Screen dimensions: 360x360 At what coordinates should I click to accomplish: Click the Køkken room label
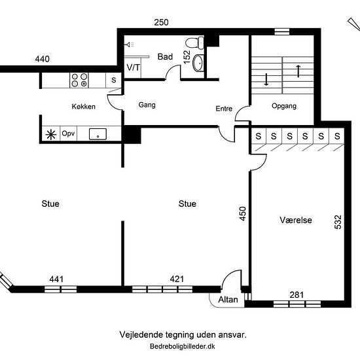pyautogui.click(x=84, y=106)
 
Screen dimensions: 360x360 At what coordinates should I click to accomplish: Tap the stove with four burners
pyautogui.click(x=79, y=80)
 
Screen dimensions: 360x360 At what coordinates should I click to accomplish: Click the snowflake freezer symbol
pyautogui.click(x=50, y=134)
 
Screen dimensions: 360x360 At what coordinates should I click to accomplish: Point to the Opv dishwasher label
pyautogui.click(x=69, y=134)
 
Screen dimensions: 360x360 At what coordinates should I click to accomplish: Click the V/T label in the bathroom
pyautogui.click(x=133, y=67)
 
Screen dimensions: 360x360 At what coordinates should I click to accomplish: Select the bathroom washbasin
pyautogui.click(x=199, y=63)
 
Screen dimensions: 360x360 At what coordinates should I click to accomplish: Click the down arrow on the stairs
pyautogui.click(x=267, y=80)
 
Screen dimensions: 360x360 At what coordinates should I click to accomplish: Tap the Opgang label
pyautogui.click(x=283, y=106)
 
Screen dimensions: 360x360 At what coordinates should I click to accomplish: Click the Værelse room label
pyautogui.click(x=293, y=221)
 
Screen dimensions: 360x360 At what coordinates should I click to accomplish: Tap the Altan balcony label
pyautogui.click(x=227, y=298)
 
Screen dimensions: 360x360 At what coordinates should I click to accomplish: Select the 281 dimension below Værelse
pyautogui.click(x=297, y=295)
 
